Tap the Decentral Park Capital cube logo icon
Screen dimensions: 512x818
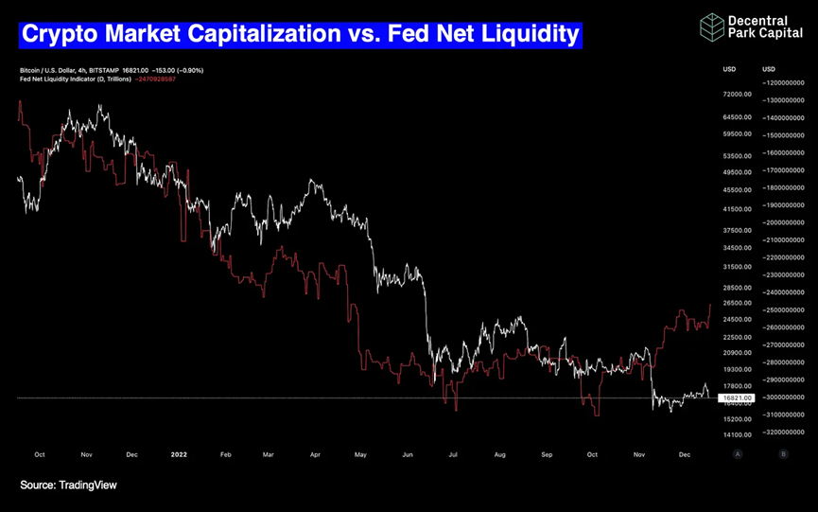click(x=711, y=26)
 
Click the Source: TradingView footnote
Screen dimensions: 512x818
click(x=68, y=486)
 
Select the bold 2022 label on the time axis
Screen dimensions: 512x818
click(x=180, y=454)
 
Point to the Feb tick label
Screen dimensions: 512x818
click(x=225, y=454)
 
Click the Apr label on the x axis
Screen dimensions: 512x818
click(x=315, y=454)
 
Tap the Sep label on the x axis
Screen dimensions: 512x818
click(x=546, y=454)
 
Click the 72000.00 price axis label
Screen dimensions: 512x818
click(x=737, y=95)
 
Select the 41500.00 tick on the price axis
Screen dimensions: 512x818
click(x=737, y=209)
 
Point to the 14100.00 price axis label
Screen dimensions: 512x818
click(x=737, y=435)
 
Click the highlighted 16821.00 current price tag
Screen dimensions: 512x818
click(x=737, y=398)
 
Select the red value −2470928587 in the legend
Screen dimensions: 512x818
click(x=155, y=79)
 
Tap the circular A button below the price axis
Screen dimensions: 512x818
click(x=737, y=454)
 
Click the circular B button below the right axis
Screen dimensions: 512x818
click(x=783, y=454)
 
